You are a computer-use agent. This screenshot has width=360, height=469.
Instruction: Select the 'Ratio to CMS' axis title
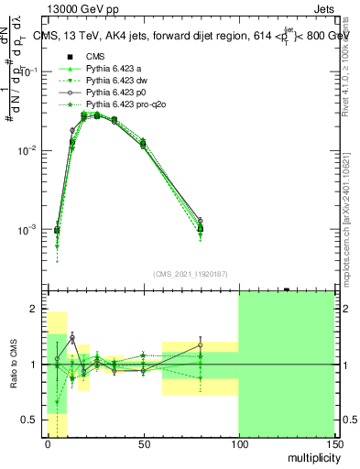click(14, 365)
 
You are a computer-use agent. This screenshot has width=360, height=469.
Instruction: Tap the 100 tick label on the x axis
click(238, 443)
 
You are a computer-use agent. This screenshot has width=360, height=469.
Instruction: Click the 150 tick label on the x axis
click(334, 443)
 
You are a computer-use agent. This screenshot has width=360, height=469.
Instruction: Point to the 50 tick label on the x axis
click(143, 443)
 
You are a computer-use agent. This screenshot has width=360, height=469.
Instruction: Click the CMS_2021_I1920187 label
click(190, 274)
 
